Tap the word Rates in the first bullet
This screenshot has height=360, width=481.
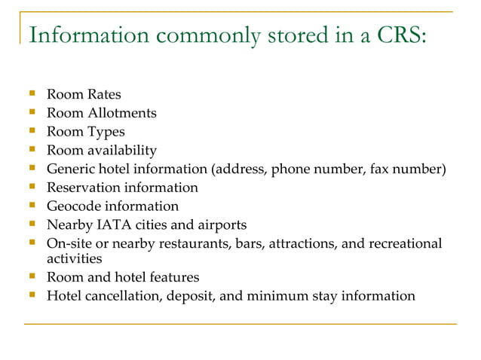click(x=103, y=95)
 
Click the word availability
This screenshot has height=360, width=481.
click(x=121, y=151)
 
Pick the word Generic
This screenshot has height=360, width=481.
click(x=70, y=169)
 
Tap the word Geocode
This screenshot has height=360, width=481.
click(x=72, y=206)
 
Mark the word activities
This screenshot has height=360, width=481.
click(x=74, y=258)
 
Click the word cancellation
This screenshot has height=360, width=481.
click(x=123, y=295)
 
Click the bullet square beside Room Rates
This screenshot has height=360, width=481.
click(x=32, y=95)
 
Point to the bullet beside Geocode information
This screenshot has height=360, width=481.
click(x=32, y=206)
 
